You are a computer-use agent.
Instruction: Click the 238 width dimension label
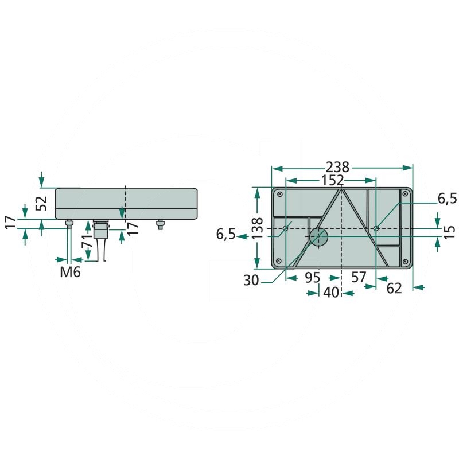[337, 167]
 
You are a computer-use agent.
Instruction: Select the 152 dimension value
[332, 180]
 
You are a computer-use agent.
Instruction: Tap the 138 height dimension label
[257, 228]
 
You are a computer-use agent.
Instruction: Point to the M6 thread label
[70, 272]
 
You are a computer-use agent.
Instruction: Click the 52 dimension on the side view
[41, 203]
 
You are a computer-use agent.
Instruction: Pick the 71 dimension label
[88, 241]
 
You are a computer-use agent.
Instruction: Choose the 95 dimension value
[313, 278]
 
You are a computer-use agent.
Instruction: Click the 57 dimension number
[359, 277]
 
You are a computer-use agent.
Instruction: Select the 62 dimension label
[394, 289]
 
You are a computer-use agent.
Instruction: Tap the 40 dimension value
[331, 292]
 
